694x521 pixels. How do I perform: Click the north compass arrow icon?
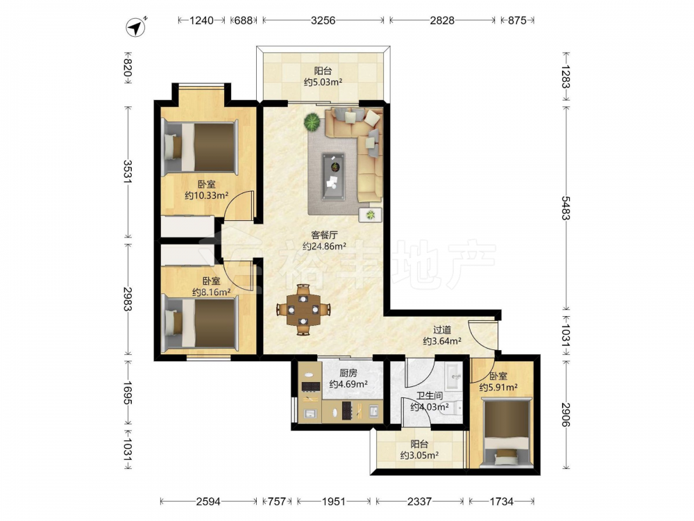(136, 28)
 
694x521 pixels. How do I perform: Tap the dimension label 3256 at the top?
(323, 20)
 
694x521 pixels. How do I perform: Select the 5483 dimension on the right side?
(565, 208)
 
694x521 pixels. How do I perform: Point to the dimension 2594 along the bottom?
(208, 501)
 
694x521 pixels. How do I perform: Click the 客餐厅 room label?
(324, 235)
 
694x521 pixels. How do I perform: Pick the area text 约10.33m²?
(206, 195)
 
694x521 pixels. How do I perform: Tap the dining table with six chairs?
(303, 309)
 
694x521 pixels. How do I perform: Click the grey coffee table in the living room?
(333, 176)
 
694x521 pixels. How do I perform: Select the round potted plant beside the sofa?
(312, 122)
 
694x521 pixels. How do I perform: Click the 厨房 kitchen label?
(348, 373)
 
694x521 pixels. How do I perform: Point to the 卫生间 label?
(430, 396)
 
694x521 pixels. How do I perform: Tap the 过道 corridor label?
(442, 330)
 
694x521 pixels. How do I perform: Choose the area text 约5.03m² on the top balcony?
(323, 82)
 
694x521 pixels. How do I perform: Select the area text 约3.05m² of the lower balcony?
(419, 455)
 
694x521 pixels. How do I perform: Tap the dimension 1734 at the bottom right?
(502, 501)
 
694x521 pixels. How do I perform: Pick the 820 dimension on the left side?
(128, 67)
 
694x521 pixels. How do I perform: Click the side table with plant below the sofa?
(370, 215)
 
